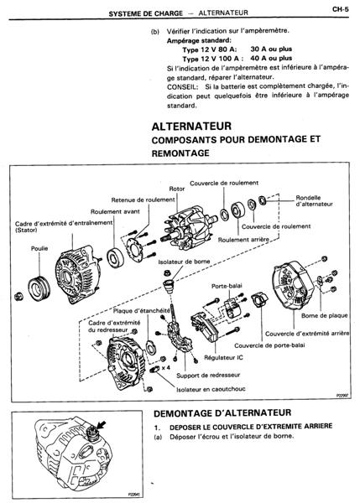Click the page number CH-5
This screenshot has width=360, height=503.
[341, 9]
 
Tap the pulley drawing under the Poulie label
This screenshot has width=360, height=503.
[39, 288]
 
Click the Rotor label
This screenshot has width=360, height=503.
[177, 189]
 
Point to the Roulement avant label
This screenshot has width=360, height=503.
[115, 212]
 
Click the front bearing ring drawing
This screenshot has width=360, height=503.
[115, 257]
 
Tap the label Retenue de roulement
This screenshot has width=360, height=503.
[143, 200]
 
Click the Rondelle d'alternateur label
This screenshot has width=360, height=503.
[314, 201]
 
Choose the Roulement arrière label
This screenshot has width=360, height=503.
[243, 240]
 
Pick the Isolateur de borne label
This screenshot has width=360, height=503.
[184, 262]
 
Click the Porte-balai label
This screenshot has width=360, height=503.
[227, 286]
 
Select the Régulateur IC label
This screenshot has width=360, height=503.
[223, 357]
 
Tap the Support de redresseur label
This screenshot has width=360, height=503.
[208, 375]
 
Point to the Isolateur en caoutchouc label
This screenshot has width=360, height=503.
[211, 389]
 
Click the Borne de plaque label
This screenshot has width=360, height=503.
[325, 316]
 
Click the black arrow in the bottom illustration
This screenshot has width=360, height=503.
[102, 425]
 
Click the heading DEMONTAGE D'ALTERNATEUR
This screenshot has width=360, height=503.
[222, 413]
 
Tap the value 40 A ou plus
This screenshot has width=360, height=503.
[271, 59]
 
